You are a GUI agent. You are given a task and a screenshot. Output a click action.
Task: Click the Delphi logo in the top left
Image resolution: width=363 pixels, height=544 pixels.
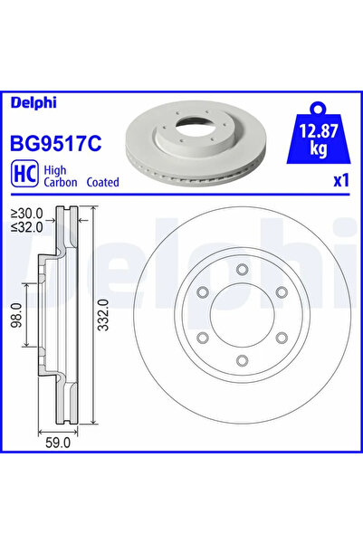click(33, 103)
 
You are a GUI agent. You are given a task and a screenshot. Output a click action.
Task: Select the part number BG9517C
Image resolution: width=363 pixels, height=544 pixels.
click(56, 143)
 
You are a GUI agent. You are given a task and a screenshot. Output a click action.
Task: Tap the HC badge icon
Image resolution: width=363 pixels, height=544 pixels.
click(25, 174)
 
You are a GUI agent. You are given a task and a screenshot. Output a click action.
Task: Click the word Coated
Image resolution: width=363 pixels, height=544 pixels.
click(102, 182)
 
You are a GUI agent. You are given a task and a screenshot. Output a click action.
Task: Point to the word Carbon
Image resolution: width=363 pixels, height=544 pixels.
click(61, 182)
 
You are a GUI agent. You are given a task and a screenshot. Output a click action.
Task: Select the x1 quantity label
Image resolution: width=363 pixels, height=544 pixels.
click(340, 181)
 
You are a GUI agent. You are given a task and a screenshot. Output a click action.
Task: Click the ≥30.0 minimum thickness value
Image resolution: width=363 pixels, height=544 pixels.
click(27, 213)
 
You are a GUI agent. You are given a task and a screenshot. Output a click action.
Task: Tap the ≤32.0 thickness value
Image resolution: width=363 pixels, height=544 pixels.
click(27, 227)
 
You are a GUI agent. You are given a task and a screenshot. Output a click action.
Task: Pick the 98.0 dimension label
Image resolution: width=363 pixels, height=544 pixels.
click(16, 315)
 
